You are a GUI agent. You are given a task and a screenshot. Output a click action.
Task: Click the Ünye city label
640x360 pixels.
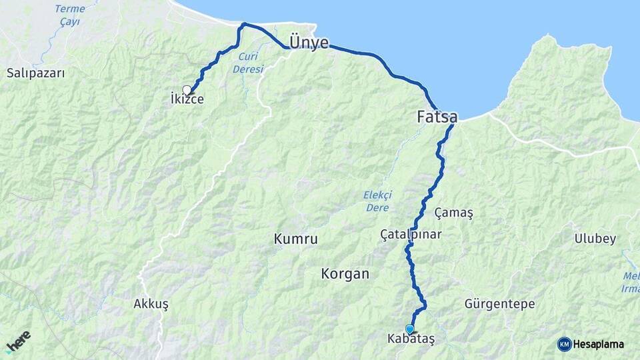click(x=309, y=43)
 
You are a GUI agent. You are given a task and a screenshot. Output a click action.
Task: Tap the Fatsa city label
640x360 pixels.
click(x=437, y=117)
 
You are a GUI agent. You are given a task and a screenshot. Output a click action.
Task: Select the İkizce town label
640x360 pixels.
click(x=187, y=100)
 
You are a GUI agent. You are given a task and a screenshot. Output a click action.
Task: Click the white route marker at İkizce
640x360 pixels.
click(x=187, y=89)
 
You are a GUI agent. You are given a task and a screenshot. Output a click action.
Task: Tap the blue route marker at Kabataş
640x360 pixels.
click(x=409, y=329)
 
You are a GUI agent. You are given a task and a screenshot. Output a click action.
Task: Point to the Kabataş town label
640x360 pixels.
click(x=411, y=339)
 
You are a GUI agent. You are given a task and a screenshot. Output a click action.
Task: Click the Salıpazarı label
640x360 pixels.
click(x=36, y=73)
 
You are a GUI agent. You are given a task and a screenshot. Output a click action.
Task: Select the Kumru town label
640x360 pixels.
click(x=295, y=239)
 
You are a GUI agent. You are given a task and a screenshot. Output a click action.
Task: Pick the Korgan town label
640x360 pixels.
click(x=345, y=273)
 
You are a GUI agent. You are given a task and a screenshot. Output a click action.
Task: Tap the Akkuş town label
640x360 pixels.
click(x=151, y=304)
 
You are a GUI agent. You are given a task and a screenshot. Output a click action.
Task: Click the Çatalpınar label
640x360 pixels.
click(x=411, y=234)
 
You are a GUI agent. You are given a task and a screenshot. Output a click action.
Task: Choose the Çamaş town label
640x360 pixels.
click(x=453, y=213)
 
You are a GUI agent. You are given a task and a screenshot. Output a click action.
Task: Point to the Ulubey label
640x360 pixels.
click(x=595, y=239)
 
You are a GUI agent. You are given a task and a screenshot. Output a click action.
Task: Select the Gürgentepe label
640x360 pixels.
click(x=499, y=304)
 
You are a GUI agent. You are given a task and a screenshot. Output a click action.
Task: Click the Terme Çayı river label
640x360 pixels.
click(x=69, y=15)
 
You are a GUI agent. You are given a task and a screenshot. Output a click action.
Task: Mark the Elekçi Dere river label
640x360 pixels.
click(x=377, y=201)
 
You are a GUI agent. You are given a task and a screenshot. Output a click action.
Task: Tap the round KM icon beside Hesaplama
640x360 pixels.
click(x=564, y=344)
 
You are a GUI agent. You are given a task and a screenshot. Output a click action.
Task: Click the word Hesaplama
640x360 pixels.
click(x=599, y=345)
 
